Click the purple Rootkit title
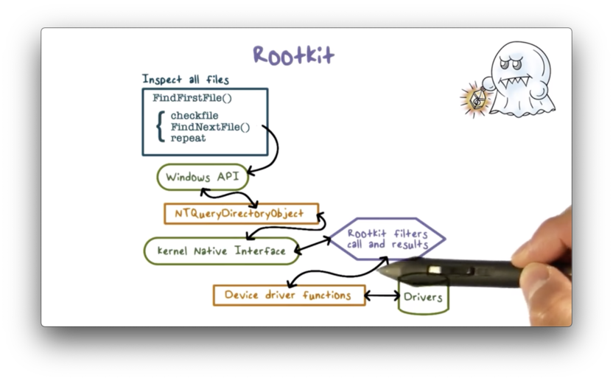coord(293,55)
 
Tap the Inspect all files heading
coord(185,80)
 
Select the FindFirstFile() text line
coord(192,98)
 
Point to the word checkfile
coord(195,116)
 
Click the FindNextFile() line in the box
coord(210,127)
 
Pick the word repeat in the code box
coord(188,138)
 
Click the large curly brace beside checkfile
coord(160,127)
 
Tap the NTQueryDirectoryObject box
coord(240,214)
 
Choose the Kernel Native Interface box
coord(221,251)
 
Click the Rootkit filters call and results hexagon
coord(387,239)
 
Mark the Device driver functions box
coord(288,296)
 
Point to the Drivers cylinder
coord(423,296)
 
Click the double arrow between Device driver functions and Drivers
coord(382,296)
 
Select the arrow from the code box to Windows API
coord(272,151)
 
